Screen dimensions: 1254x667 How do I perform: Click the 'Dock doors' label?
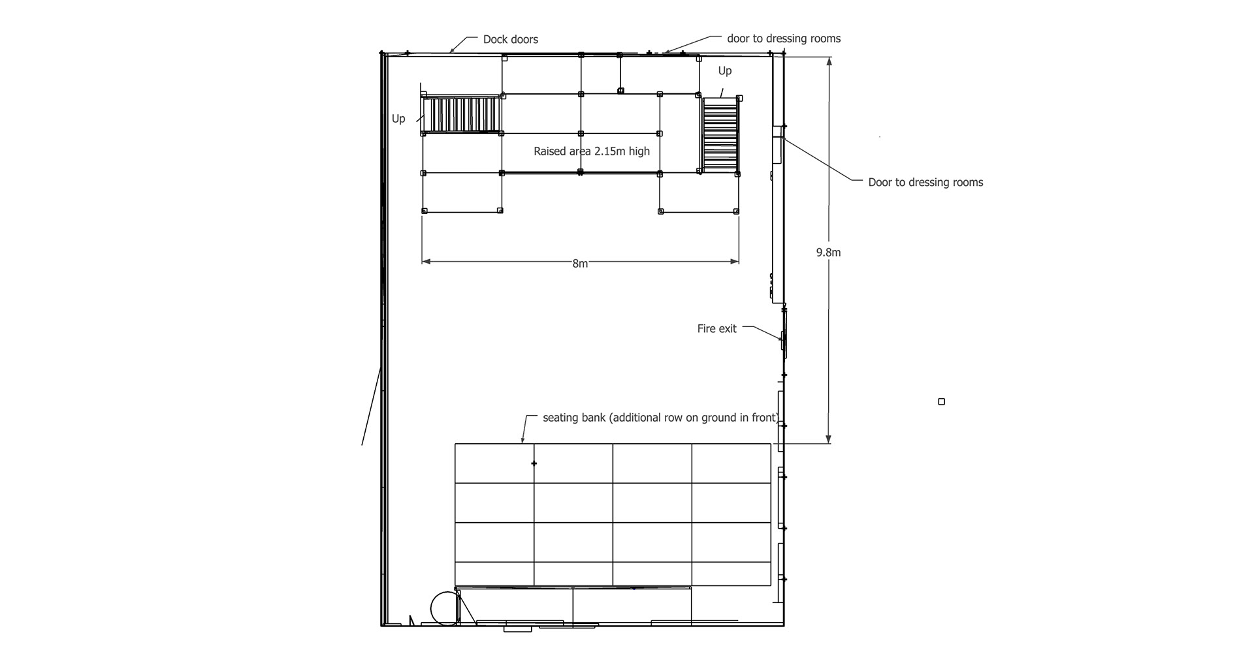coord(510,40)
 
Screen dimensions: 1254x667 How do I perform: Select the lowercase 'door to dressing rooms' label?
coord(784,39)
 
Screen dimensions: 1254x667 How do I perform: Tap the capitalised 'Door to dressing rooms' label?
coord(925,183)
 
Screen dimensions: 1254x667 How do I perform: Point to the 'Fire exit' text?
coord(716,329)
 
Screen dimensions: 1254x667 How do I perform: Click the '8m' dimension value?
coord(580,264)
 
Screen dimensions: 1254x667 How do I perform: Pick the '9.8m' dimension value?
coord(828,253)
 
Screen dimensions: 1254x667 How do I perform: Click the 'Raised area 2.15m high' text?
coord(592,151)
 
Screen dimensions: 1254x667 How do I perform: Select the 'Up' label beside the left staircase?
coord(398,119)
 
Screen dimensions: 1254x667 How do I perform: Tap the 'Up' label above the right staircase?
coord(725,71)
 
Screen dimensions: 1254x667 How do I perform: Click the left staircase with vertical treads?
coord(462,116)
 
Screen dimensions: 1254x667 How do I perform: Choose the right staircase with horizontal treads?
coord(720,134)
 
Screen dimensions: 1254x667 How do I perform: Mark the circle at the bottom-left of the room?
coord(445,608)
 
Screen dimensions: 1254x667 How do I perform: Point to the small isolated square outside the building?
coord(941,402)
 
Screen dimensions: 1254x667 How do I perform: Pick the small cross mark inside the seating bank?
coord(534,463)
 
